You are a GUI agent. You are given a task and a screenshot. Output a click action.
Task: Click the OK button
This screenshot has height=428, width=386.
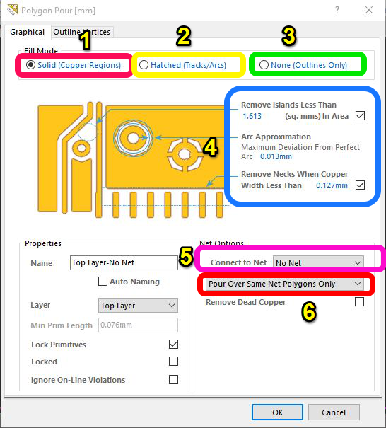277,412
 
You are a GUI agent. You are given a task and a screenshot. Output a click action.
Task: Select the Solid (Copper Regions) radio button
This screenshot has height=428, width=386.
31,65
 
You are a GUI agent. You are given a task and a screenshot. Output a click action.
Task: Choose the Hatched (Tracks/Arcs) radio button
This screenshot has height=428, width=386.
144,65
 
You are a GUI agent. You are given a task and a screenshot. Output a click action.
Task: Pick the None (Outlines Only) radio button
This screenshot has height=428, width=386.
264,65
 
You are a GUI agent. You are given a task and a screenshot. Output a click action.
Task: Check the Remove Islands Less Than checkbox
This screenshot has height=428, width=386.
360,116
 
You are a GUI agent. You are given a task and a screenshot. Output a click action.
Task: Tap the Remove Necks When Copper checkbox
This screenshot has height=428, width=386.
360,185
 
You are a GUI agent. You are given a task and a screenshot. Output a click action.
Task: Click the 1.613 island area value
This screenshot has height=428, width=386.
252,116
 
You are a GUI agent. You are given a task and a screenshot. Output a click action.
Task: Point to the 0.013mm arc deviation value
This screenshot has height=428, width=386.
276,156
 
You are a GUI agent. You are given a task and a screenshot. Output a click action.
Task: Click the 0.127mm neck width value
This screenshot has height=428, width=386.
332,185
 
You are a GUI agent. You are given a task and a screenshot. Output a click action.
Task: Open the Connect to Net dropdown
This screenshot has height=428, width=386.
318,263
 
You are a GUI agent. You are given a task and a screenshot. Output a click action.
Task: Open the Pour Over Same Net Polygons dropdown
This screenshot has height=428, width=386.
284,284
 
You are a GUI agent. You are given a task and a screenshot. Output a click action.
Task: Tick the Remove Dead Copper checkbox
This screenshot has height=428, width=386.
359,302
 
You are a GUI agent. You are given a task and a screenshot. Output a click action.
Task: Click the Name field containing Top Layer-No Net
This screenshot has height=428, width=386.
124,262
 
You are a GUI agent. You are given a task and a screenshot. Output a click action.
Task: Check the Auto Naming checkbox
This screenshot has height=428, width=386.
103,281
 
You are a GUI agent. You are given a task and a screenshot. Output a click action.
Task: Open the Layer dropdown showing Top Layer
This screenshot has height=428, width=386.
138,305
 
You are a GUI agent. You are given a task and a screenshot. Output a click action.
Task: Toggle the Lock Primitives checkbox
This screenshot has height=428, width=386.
173,345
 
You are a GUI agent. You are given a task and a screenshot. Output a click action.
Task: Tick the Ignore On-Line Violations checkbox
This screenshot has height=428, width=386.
173,379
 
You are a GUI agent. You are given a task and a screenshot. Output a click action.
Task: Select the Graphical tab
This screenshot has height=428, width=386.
28,32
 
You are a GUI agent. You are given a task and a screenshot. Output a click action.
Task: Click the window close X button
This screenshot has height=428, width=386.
369,11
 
